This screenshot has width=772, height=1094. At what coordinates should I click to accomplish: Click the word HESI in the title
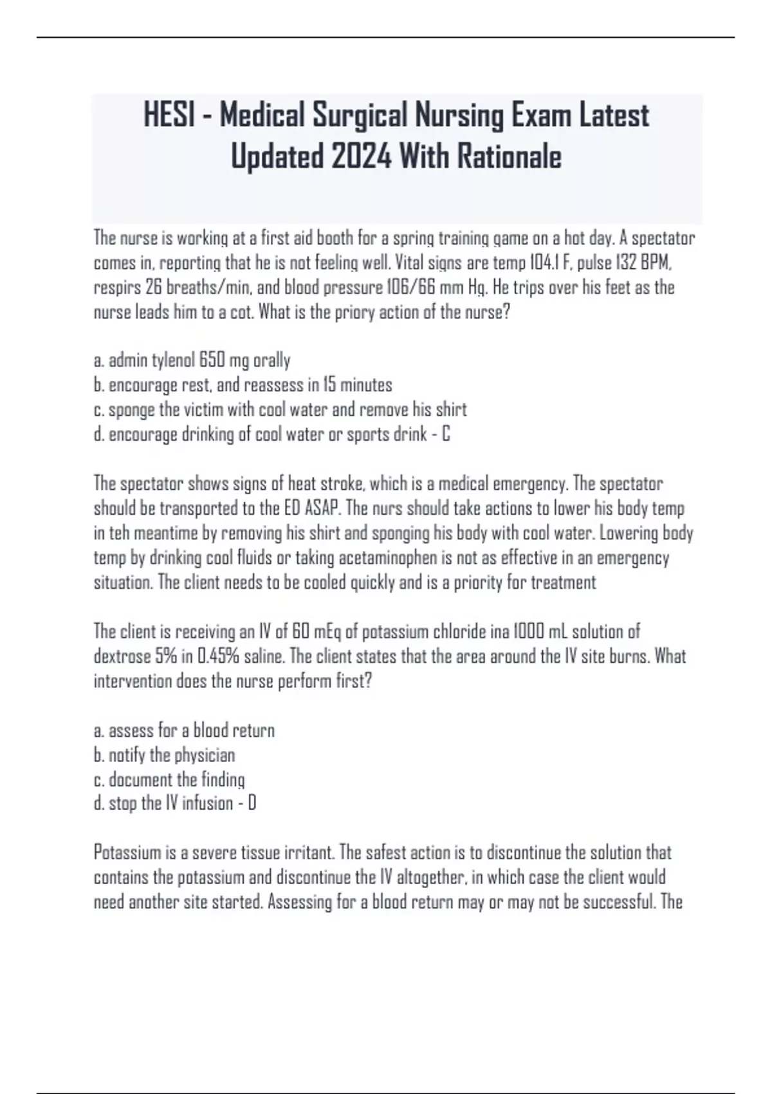(x=169, y=116)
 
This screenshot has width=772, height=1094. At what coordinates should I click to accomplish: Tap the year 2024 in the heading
(x=362, y=156)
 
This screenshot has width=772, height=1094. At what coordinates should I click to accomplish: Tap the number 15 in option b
(x=329, y=385)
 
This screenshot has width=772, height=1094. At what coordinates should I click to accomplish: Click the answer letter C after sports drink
(x=446, y=434)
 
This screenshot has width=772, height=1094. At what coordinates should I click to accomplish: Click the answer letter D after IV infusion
(x=252, y=804)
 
